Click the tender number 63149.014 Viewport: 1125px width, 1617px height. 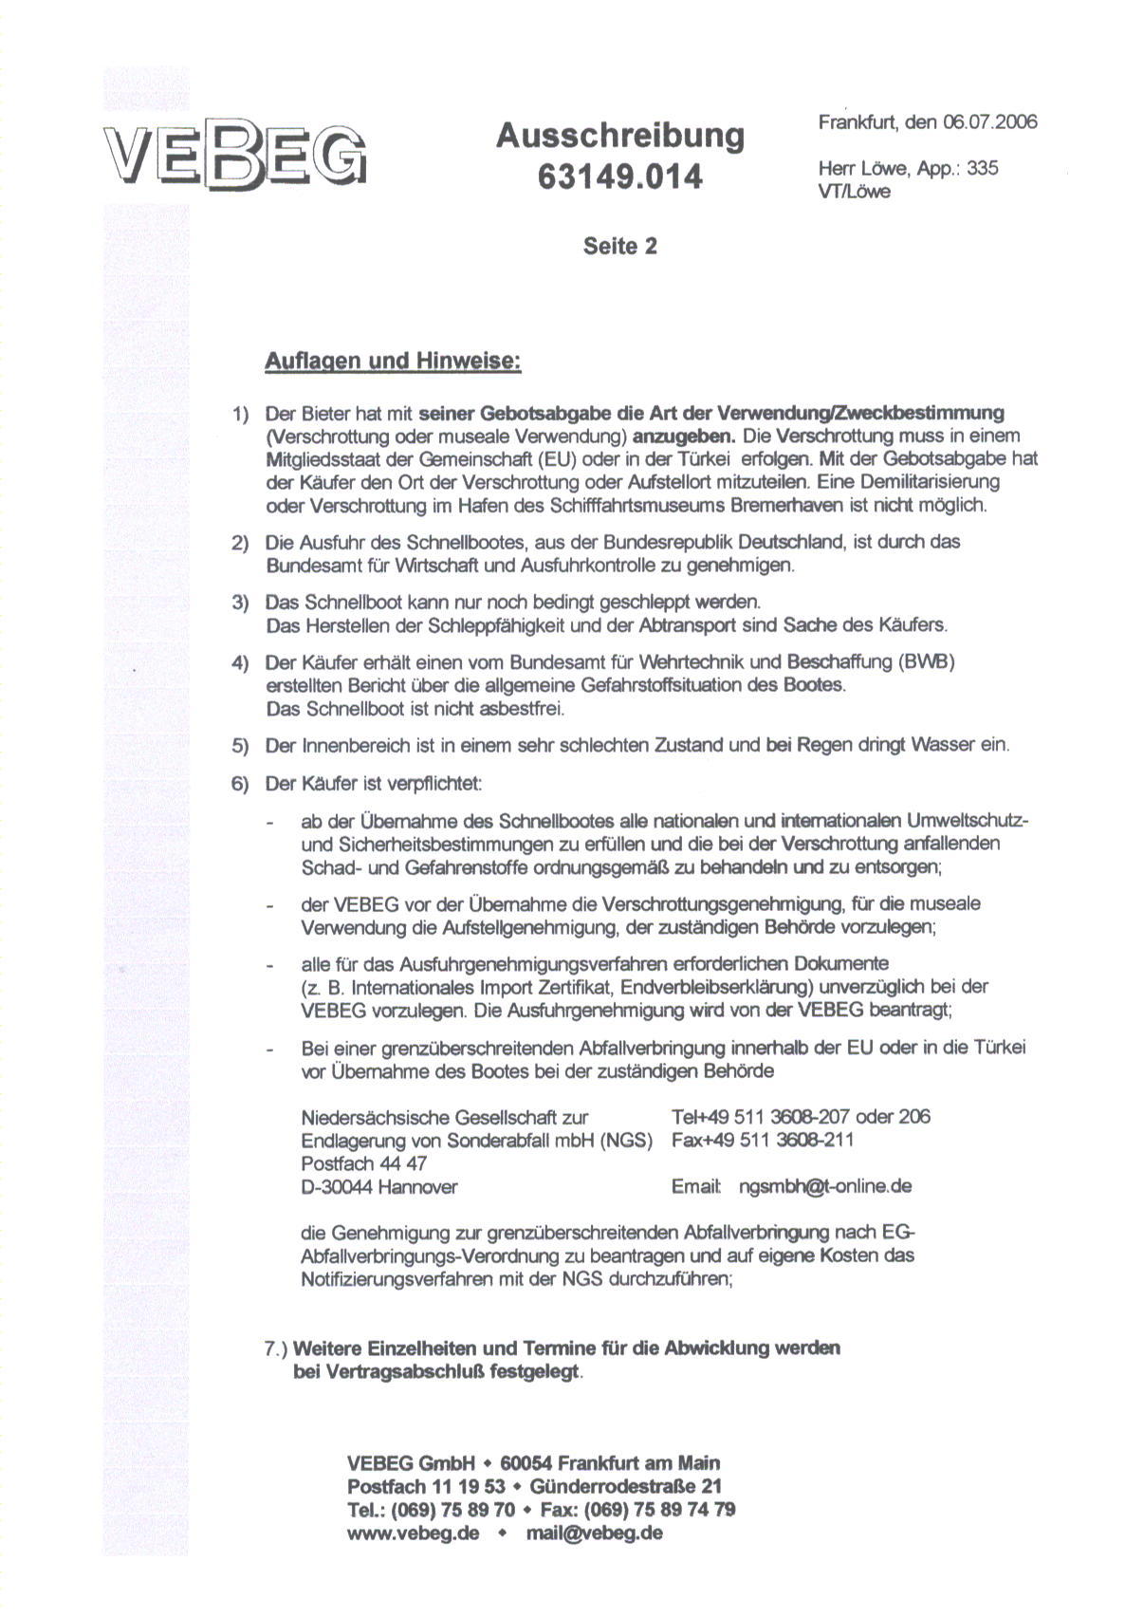click(x=619, y=177)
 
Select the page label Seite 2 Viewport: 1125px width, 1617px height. click(x=619, y=247)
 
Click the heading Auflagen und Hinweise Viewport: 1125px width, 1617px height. click(x=393, y=362)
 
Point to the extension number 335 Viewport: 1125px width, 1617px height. click(x=982, y=168)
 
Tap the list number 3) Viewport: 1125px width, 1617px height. click(x=240, y=603)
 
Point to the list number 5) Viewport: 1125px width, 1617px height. click(x=240, y=745)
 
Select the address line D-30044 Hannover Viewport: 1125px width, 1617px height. click(x=378, y=1186)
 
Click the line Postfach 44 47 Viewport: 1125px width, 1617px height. click(x=363, y=1163)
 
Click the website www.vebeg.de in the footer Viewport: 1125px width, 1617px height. click(x=413, y=1533)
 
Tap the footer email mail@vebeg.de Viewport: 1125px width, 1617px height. click(x=594, y=1533)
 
